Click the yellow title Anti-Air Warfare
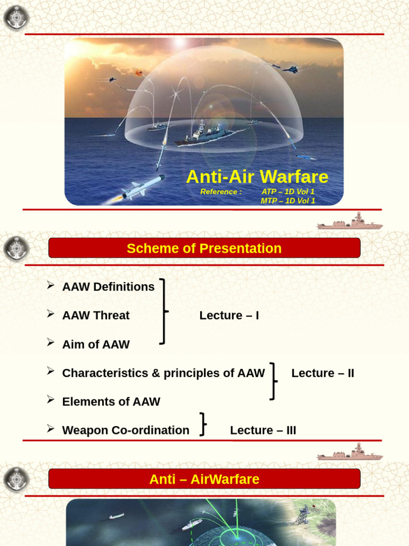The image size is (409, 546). point(257,177)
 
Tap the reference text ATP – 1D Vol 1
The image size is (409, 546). point(288,191)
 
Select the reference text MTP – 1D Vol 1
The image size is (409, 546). point(288,201)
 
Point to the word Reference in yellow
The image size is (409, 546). point(219,192)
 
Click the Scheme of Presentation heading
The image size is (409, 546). point(204,248)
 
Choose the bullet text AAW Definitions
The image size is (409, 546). point(108,287)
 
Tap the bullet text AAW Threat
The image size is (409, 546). point(96,316)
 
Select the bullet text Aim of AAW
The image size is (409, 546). point(96,344)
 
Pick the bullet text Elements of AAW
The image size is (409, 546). point(111,402)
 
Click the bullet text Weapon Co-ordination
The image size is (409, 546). point(126,430)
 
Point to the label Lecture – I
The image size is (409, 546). point(229,316)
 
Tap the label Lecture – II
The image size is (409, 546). point(323,373)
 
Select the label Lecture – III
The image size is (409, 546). point(263,430)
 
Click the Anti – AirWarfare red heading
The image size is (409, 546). point(204,479)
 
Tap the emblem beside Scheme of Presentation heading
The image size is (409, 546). point(16,248)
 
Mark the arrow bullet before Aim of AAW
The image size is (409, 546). point(51,343)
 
